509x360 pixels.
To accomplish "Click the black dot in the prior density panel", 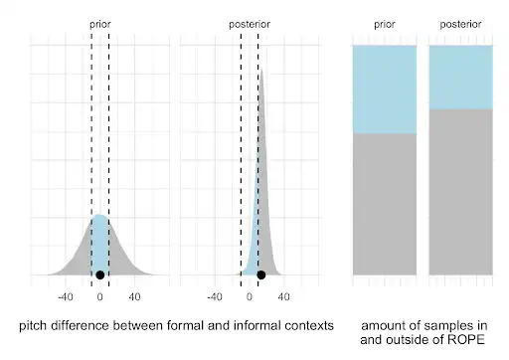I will tap(99, 274).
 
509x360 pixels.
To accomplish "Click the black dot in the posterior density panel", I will tap(260, 274).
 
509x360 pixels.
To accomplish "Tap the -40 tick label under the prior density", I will tap(66, 296).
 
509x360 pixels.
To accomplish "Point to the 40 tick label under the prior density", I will tap(135, 296).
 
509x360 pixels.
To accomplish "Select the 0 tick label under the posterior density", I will tap(249, 296).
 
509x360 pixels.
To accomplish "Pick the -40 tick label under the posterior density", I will tap(213, 296).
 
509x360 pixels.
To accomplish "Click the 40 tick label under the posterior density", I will tap(283, 296).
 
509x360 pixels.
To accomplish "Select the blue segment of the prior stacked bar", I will tap(385, 90).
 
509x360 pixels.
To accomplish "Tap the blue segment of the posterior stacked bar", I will tap(460, 77).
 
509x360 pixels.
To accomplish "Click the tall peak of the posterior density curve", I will tap(261, 72).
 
